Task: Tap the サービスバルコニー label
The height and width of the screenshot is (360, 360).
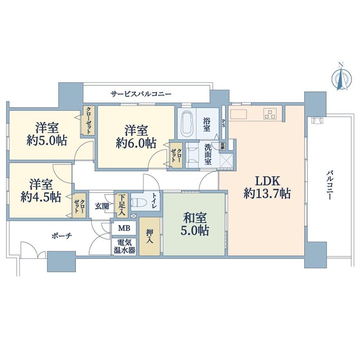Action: coord(141,94)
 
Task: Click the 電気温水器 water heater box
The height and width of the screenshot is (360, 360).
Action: coord(124,247)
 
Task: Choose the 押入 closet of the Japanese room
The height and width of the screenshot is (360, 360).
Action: coord(150,236)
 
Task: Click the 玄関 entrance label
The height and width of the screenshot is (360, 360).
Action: coord(102,206)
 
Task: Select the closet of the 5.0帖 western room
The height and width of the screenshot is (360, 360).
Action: coord(88,120)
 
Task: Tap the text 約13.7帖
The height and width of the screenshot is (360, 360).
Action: coord(267,194)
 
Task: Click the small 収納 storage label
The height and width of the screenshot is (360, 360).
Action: coord(223,146)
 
